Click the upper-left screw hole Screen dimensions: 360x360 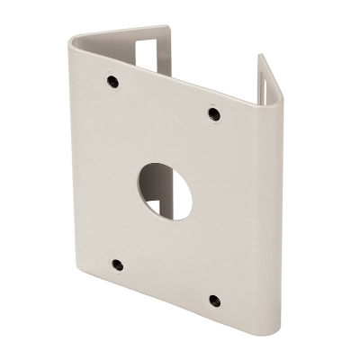point(112,83)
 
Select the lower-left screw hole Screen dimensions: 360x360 point(116,264)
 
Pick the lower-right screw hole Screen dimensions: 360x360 point(212,300)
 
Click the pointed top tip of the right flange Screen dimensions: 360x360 point(262,56)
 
